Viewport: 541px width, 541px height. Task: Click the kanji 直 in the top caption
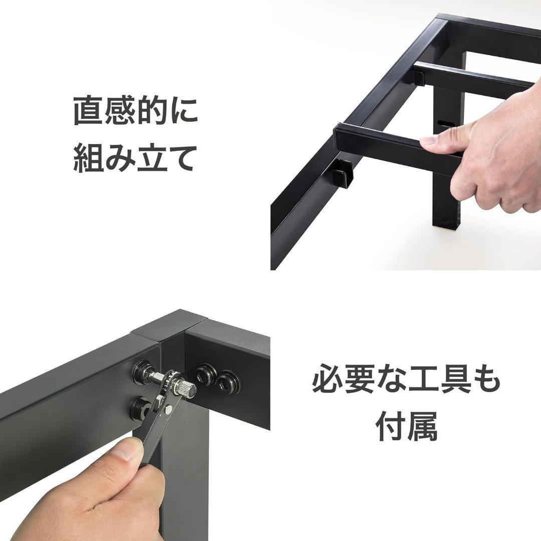pyautogui.click(x=89, y=111)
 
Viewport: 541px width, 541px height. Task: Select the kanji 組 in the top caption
pyautogui.click(x=89, y=158)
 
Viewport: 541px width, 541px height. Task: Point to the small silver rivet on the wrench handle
pyautogui.click(x=169, y=410)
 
